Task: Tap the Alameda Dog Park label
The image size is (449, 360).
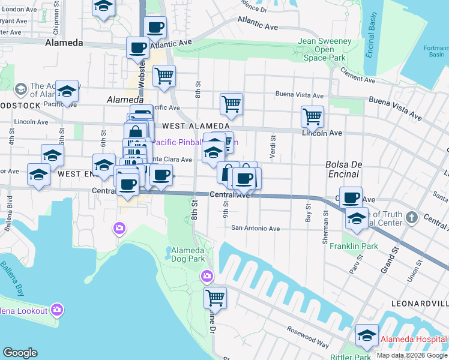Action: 188,254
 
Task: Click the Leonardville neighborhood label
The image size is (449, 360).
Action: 420,304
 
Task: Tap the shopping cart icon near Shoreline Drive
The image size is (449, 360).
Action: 214,296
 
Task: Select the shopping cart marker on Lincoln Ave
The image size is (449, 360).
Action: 312,116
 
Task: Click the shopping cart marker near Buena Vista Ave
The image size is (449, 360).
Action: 231,103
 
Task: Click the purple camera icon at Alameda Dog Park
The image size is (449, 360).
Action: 206,276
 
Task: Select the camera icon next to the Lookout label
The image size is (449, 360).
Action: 57,310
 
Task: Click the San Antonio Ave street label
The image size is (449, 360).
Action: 256,228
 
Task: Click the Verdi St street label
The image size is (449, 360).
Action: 273,146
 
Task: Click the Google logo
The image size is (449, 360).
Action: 20,352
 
